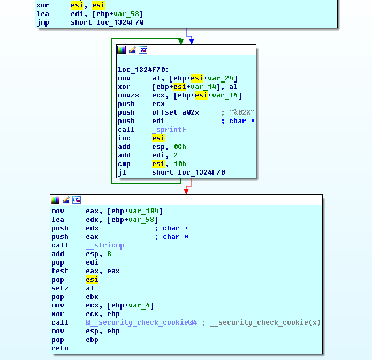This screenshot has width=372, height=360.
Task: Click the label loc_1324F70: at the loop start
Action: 143,70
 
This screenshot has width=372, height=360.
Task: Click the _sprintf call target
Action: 169,130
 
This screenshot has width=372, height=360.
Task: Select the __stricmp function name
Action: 104,245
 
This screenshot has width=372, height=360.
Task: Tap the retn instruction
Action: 60,348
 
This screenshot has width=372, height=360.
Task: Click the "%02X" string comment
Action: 242,112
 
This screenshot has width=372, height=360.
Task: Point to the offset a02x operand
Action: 176,112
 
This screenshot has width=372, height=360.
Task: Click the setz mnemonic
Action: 60,288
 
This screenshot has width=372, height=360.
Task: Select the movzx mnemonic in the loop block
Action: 128,95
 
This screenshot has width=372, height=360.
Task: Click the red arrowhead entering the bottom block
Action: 186,192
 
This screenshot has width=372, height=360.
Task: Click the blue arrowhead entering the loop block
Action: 192,42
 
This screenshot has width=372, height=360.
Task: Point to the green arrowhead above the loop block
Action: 181,42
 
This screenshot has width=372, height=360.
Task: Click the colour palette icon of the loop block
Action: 122,50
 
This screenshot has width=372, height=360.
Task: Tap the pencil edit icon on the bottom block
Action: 66,200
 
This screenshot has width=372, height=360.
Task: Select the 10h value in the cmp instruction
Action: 180,164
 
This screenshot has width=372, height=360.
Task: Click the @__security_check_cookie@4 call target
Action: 141,322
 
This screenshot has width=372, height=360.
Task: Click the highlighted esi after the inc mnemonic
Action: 158,138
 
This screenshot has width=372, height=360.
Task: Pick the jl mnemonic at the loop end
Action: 122,172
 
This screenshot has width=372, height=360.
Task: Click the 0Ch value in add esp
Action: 180,147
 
